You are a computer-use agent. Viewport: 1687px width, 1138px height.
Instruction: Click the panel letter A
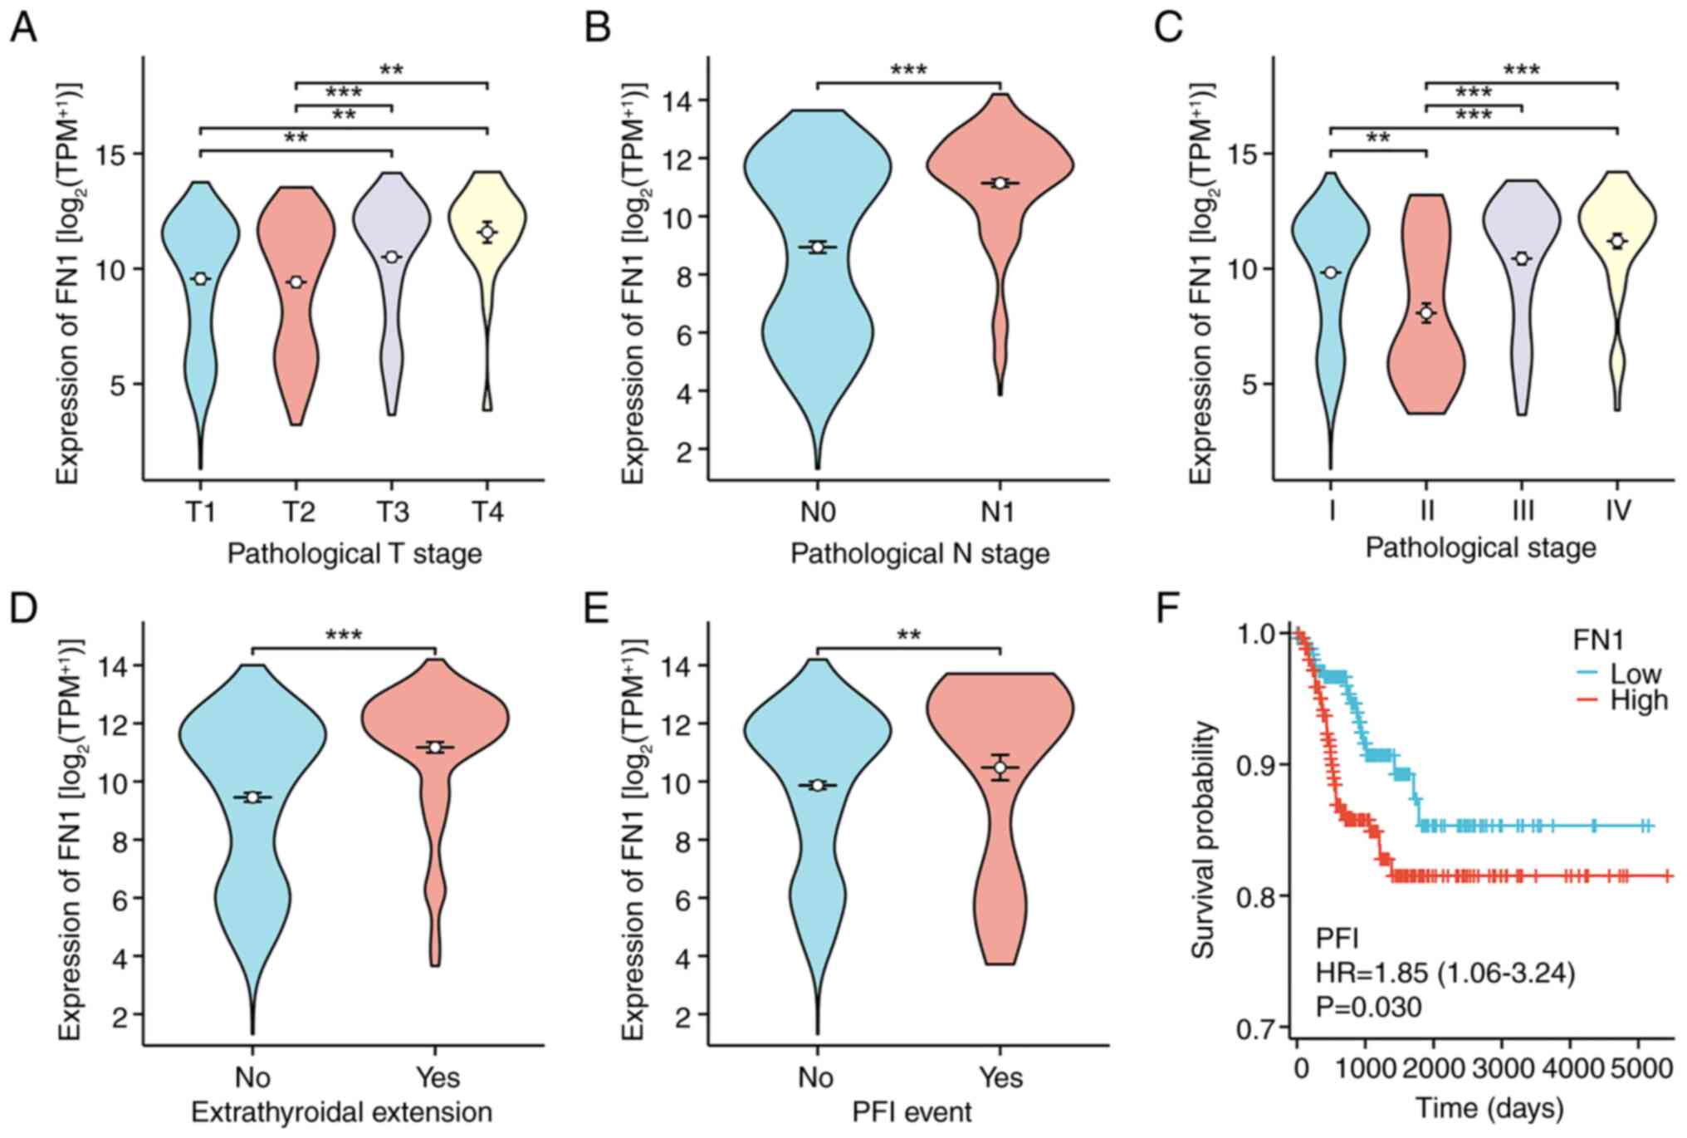pos(23,29)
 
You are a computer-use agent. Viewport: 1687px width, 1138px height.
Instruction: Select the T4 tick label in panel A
pos(488,512)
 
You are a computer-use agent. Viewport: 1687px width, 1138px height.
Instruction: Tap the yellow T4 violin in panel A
pos(487,208)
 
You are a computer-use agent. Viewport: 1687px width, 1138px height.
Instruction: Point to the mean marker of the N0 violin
pos(818,247)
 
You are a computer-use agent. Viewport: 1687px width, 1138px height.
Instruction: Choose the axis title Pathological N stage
pos(919,553)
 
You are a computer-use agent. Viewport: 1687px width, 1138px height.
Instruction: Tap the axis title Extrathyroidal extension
pos(341,1111)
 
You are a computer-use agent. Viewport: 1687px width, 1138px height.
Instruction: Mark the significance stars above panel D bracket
pos(344,636)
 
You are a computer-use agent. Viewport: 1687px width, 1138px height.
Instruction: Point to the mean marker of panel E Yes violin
pos(1000,768)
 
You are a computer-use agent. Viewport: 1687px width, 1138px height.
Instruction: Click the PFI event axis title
pos(912,1111)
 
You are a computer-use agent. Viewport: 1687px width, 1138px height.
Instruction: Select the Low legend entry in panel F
pos(1635,674)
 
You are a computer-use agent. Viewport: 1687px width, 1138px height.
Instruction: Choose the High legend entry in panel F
pos(1638,701)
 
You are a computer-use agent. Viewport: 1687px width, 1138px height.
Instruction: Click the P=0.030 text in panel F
pos(1368,1008)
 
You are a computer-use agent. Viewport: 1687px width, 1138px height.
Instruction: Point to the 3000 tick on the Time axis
pos(1500,1067)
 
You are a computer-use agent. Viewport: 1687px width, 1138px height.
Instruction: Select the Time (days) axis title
pos(1489,1108)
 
